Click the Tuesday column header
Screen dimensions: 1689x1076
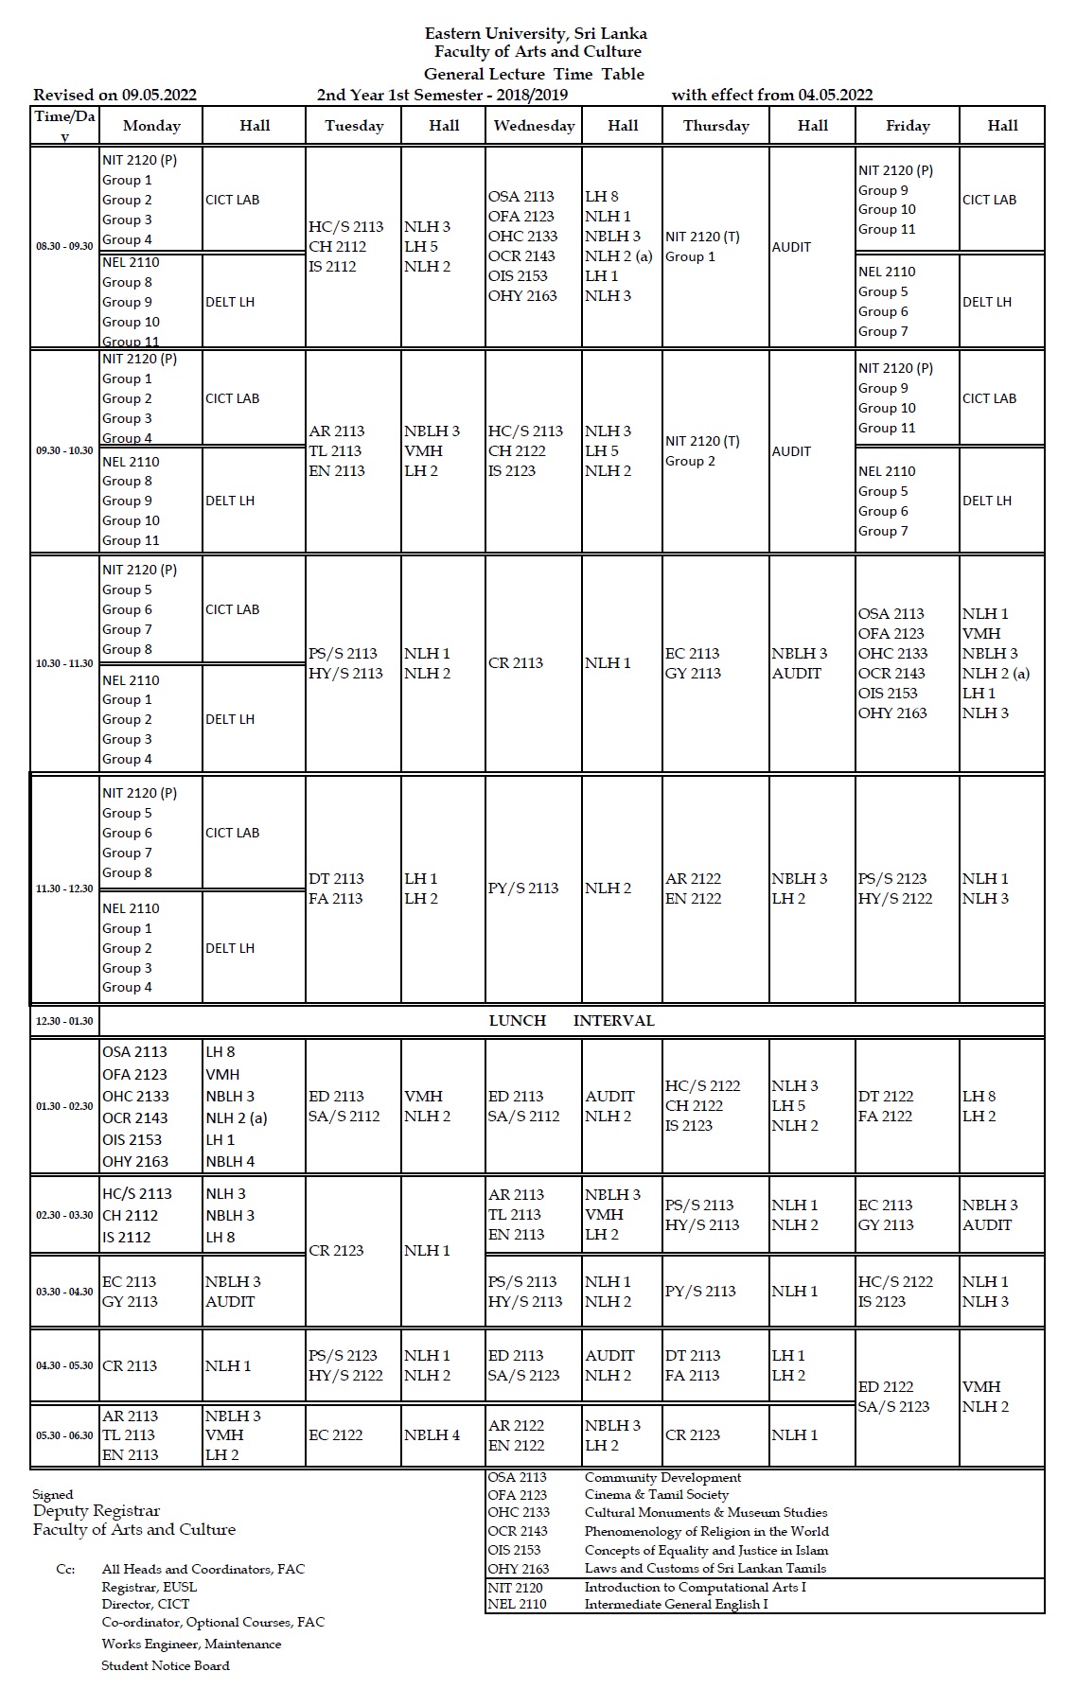(354, 126)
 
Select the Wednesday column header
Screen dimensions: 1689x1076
(534, 126)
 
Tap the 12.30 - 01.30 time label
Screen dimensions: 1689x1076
(64, 1021)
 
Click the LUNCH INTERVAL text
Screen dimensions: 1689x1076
(572, 1021)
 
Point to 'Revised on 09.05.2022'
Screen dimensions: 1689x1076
(115, 95)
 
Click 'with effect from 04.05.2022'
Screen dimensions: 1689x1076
(771, 95)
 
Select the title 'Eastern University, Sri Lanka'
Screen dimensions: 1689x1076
(536, 33)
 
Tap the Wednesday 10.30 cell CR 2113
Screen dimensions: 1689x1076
(516, 663)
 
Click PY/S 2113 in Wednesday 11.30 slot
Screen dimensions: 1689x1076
(523, 888)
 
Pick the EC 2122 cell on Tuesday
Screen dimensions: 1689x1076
(336, 1435)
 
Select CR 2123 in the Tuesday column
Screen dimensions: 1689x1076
(336, 1251)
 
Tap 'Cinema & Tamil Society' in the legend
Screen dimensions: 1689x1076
(656, 1495)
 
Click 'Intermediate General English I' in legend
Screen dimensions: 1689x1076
(676, 1604)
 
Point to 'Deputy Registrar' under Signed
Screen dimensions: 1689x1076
(97, 1511)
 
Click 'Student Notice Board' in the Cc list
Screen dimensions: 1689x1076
(166, 1665)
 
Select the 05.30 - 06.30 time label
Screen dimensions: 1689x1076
(64, 1435)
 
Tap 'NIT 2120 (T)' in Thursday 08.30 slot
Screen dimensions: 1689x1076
(702, 237)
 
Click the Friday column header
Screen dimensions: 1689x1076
(908, 126)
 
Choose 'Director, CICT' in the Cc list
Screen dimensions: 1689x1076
(146, 1604)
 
